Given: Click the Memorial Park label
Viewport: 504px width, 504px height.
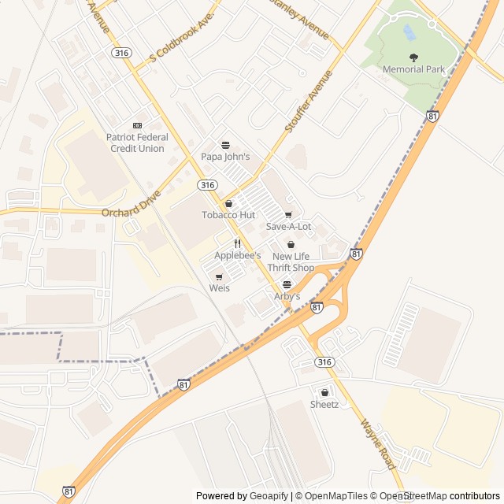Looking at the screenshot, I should click(413, 69).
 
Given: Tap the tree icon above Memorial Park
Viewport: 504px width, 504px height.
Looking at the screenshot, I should click(414, 57).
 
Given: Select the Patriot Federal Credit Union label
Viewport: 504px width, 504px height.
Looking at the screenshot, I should click(137, 143).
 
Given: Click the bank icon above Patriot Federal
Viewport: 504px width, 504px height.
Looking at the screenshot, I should click(137, 126).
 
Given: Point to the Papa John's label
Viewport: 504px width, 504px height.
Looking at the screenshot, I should click(225, 157).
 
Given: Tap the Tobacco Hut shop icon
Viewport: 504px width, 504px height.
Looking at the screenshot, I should click(228, 204).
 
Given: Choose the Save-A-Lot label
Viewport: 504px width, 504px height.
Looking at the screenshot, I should click(288, 227).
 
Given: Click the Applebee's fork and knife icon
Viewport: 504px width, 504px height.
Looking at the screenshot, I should click(237, 243).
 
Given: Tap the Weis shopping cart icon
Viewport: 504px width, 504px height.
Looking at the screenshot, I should click(219, 276).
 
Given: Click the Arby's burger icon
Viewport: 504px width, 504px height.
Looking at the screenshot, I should click(287, 284).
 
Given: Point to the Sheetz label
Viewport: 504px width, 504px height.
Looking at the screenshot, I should click(324, 405).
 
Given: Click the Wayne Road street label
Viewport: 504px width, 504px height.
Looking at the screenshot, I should click(378, 445).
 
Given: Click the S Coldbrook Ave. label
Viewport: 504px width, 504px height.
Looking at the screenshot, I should click(182, 38).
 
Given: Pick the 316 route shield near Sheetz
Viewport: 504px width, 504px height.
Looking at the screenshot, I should click(324, 361).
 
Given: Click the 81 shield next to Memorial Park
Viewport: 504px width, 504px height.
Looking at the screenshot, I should click(432, 116).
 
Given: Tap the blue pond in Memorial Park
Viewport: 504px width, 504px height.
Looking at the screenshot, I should click(409, 32).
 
